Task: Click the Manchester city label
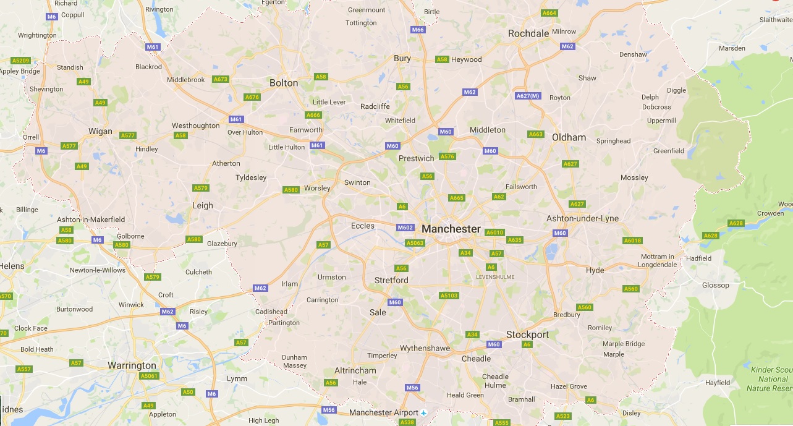point(451,229)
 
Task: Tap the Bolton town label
point(284,83)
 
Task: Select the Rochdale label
point(528,33)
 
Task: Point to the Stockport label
point(527,334)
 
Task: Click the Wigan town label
point(100,131)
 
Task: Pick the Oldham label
point(569,137)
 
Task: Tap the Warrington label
point(132,365)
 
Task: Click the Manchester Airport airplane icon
point(423,412)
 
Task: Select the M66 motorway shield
point(418,30)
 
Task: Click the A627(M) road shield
point(528,96)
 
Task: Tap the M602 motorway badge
point(405,228)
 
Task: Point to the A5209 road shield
point(20,61)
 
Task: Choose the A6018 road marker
point(632,241)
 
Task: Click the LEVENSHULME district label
point(495,277)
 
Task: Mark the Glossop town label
point(715,285)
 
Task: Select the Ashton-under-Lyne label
point(582,218)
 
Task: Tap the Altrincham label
point(355,370)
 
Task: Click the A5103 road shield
point(449,296)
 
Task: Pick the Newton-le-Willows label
point(97,270)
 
